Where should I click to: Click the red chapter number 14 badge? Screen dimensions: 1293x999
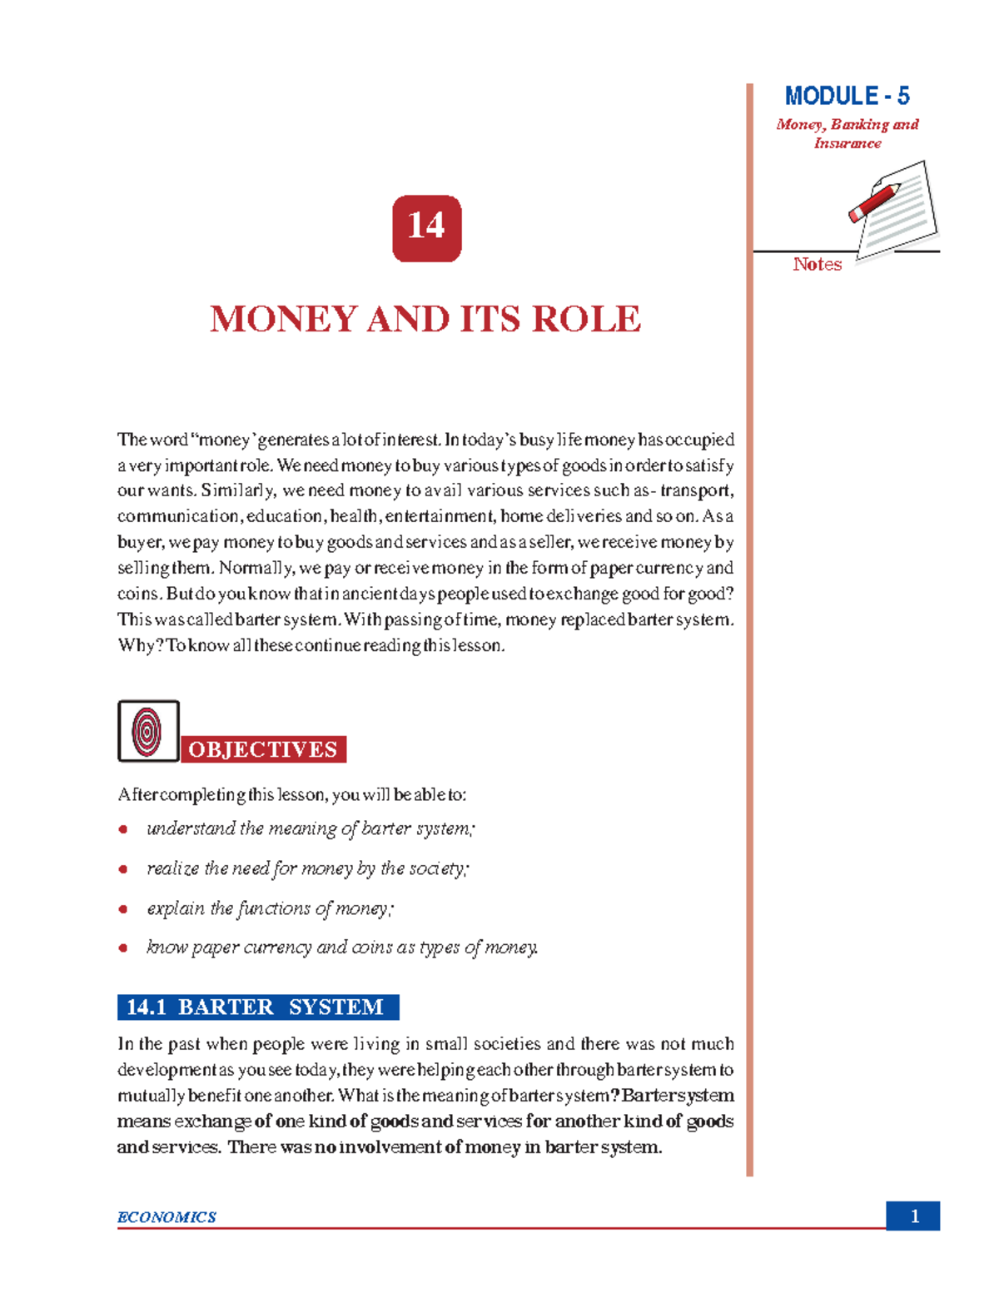click(426, 228)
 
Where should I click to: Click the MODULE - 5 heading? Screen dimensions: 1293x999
click(847, 97)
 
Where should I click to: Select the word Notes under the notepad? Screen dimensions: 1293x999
click(817, 265)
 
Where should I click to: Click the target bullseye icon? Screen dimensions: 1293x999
click(148, 731)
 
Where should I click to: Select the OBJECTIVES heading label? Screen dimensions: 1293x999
click(263, 749)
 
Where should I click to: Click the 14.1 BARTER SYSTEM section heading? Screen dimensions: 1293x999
click(258, 1007)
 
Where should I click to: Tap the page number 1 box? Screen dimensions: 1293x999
click(913, 1216)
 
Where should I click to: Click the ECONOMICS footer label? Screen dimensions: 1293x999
click(166, 1217)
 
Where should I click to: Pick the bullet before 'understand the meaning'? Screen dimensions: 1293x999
click(123, 829)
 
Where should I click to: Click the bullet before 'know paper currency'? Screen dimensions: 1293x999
click(123, 948)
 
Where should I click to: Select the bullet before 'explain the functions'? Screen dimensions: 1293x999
click(123, 909)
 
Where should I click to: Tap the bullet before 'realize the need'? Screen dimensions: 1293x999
click(123, 869)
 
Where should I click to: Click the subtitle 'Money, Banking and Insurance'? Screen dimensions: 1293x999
click(847, 134)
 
